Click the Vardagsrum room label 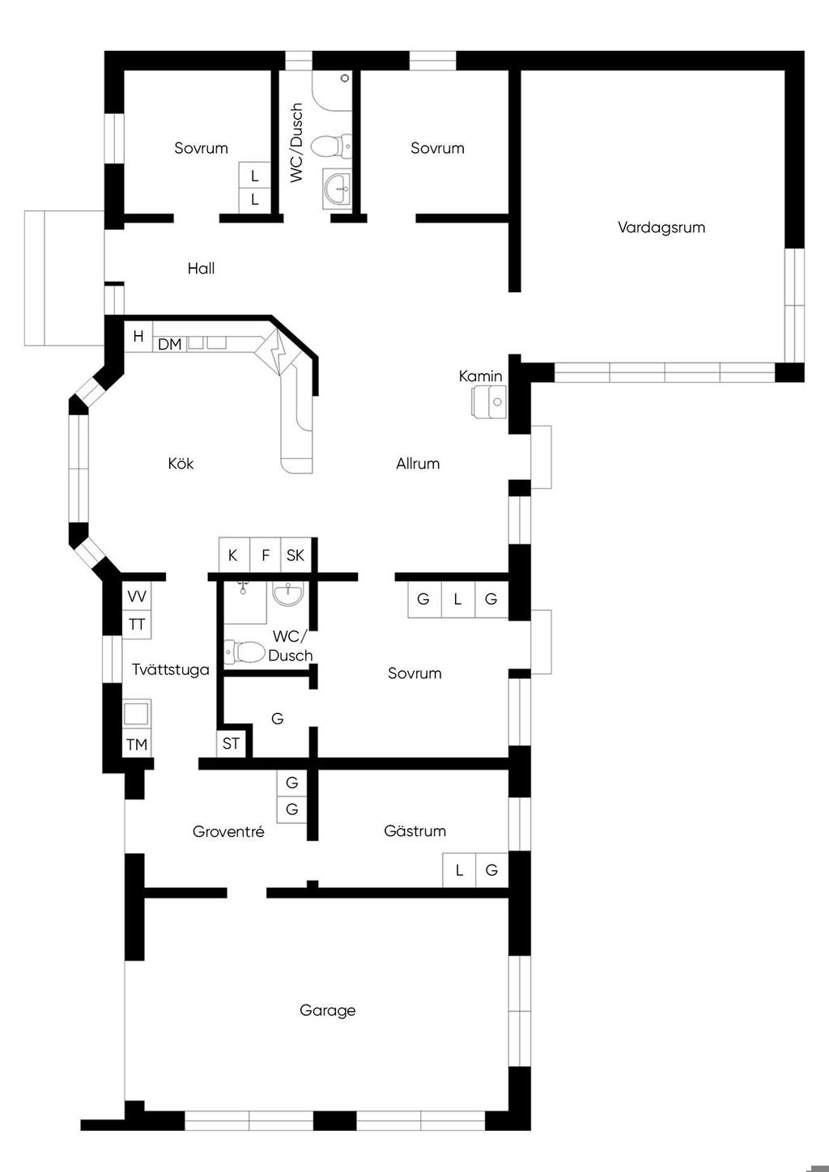661,227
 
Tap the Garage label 328,1010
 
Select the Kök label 181,463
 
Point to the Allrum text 418,464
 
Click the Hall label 201,269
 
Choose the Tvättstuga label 171,669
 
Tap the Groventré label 228,831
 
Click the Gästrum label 415,831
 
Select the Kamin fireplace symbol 489,401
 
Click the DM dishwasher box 169,344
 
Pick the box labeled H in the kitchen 138,336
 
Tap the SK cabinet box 295,555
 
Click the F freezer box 266,555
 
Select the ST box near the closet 231,744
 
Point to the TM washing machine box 137,744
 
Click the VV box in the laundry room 137,596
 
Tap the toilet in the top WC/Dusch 331,146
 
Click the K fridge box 234,555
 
